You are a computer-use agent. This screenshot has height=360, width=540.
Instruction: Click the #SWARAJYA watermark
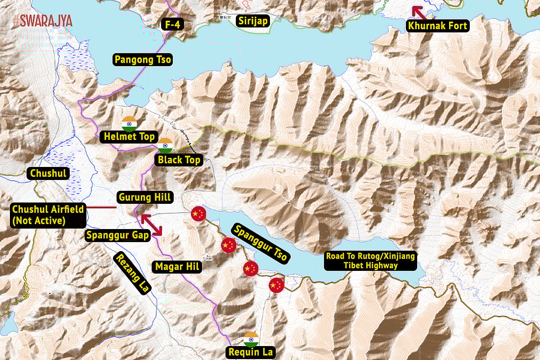pos(43,21)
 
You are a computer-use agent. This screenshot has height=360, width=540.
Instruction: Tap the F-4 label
pos(173,24)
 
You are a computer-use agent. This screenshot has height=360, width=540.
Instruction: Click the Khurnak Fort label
pos(437,25)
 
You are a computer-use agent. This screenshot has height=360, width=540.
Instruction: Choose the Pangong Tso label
pos(143,59)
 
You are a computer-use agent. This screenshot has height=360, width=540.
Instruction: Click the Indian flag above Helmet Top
pos(129,123)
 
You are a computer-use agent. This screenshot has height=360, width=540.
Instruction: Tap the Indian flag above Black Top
pos(165,146)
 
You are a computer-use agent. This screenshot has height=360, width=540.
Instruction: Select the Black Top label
pos(179,160)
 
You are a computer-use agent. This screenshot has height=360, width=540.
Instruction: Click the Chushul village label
pos(48,173)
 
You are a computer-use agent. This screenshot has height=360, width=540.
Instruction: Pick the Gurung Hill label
pos(144,197)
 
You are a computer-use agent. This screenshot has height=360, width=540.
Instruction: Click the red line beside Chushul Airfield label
pos(102,207)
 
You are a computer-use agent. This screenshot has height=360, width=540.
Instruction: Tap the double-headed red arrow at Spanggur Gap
pos(152,225)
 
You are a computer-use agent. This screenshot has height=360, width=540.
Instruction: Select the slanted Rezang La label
pos(133,273)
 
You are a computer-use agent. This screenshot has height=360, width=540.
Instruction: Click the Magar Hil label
pos(177,267)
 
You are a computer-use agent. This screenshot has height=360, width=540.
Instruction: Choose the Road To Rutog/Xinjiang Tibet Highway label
pos(370,261)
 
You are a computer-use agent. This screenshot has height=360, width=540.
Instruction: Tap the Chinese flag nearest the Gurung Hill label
pos(198,213)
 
